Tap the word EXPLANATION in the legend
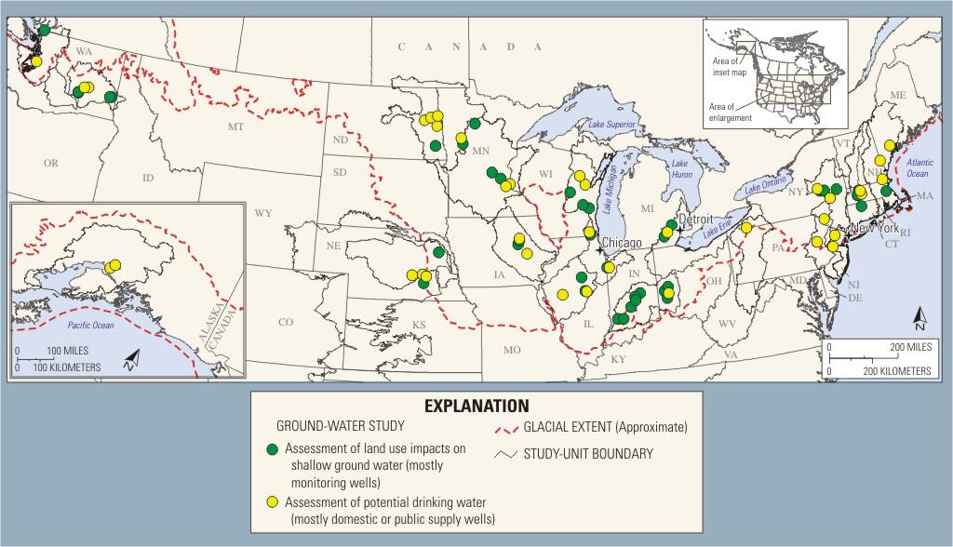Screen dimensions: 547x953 tap(476, 406)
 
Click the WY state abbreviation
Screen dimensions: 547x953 tap(263, 213)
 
